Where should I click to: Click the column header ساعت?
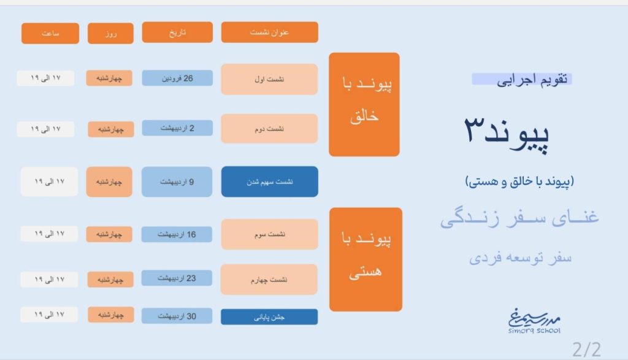click(x=50, y=33)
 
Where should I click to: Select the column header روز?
click(x=110, y=33)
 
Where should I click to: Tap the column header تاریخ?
click(x=177, y=32)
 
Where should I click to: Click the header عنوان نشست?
click(x=270, y=32)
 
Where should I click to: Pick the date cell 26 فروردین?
click(x=177, y=78)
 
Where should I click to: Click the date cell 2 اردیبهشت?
click(x=177, y=128)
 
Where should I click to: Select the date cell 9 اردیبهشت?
click(x=177, y=182)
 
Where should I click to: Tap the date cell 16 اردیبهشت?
click(x=177, y=234)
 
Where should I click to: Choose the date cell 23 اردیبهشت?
click(x=177, y=278)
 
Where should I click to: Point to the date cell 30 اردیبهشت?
click(x=177, y=316)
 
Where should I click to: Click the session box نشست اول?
click(x=270, y=79)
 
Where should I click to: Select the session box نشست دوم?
click(x=270, y=129)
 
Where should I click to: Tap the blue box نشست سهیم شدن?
click(x=270, y=182)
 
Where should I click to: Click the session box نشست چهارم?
click(x=269, y=280)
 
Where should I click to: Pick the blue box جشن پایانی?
click(x=269, y=316)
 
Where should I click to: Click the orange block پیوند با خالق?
click(x=364, y=104)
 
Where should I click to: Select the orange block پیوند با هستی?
click(x=366, y=259)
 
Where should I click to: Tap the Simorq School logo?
click(x=534, y=321)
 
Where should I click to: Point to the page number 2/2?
click(x=587, y=350)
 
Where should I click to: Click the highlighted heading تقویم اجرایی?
click(x=523, y=79)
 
